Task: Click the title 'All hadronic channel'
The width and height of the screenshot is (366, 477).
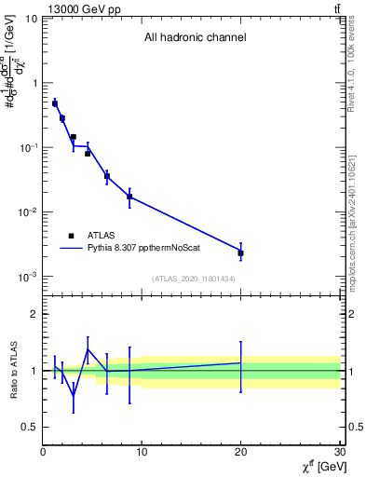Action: click(195, 38)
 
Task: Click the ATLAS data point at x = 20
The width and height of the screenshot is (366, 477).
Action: click(241, 252)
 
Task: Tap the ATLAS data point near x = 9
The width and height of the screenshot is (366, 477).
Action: click(129, 197)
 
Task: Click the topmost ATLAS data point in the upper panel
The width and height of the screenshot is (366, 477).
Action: click(55, 103)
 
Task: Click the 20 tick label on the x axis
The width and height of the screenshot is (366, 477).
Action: click(241, 453)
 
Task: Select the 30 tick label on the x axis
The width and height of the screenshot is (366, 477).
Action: click(340, 453)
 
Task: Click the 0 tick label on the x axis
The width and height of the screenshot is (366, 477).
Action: click(43, 453)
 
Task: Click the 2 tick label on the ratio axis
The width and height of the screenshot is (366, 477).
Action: click(33, 314)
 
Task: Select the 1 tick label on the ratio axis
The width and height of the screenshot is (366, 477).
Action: click(33, 371)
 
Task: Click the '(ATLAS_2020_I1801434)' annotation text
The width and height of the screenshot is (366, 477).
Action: click(193, 279)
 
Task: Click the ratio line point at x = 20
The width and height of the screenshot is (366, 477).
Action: click(241, 362)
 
